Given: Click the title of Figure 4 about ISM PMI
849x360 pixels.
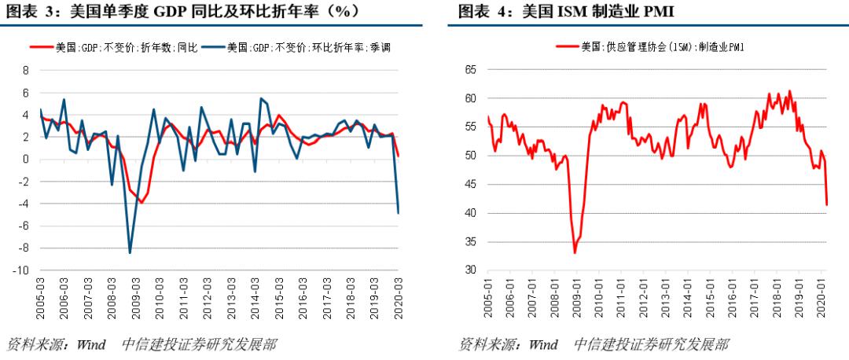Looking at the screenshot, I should click(565, 11).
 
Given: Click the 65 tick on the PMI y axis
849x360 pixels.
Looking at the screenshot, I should click(471, 70).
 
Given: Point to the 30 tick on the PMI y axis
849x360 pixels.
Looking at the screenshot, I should click(471, 270).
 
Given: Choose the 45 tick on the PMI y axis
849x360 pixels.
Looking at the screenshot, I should click(471, 185).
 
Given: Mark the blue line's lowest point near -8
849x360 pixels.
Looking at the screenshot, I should click(130, 252).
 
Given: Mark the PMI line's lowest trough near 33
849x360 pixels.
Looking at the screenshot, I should click(575, 252).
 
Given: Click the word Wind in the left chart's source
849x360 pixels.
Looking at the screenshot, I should click(90, 344).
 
